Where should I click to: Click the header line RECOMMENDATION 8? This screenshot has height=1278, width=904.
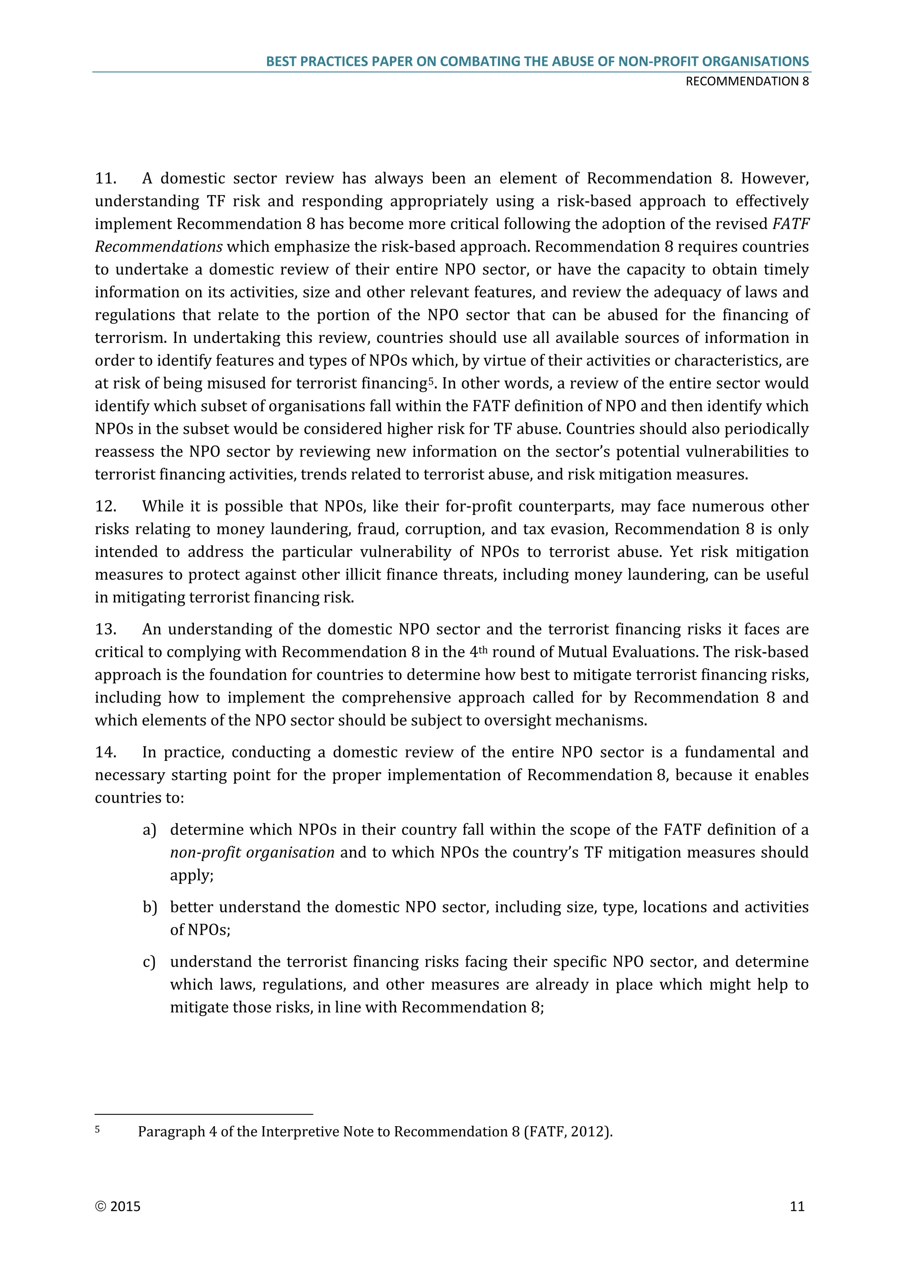(746, 81)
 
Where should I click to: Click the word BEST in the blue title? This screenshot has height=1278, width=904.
(281, 62)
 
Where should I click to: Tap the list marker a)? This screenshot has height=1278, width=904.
(149, 830)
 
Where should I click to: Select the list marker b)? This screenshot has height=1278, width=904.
(149, 907)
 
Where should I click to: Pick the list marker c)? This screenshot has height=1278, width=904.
(149, 962)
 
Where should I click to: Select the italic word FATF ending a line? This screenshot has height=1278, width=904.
(791, 224)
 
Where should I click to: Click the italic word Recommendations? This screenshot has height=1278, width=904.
(158, 247)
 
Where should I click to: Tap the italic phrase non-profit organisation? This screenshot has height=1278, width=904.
(252, 853)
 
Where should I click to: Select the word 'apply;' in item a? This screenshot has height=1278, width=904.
(192, 876)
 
